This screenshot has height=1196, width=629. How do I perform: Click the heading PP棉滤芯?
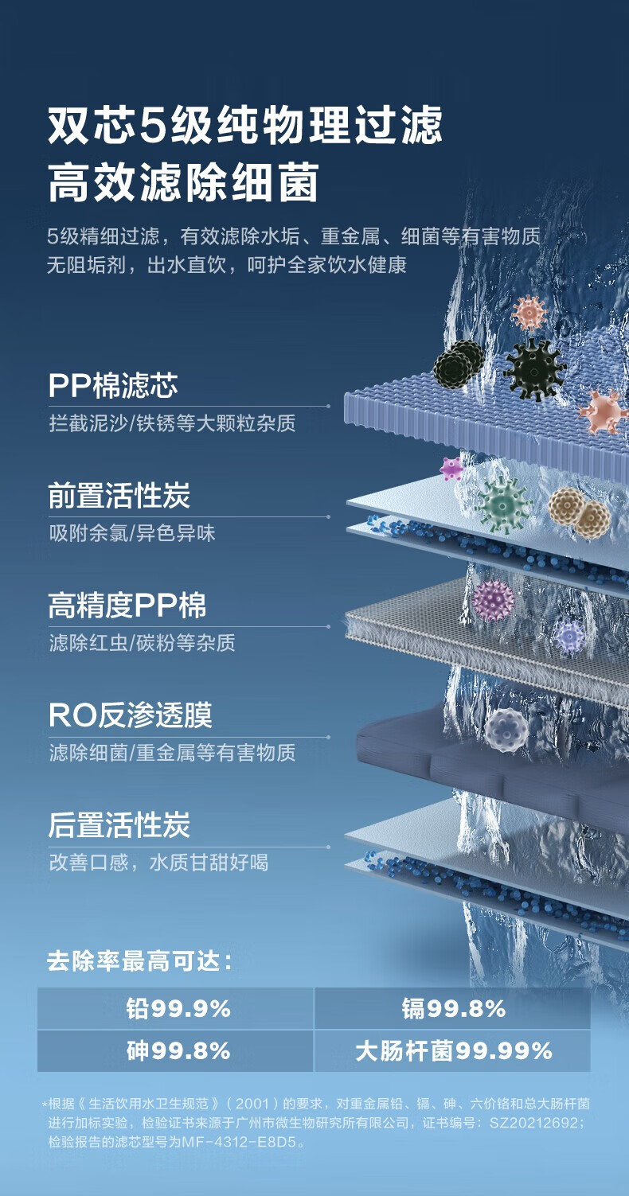(112, 386)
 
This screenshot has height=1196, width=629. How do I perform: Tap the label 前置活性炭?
(119, 497)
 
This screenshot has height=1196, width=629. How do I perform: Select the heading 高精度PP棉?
(127, 606)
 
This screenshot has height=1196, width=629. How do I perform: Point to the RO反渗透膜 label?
(130, 716)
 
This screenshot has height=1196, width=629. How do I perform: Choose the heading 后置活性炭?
(119, 825)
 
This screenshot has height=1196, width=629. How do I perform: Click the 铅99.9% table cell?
(177, 1009)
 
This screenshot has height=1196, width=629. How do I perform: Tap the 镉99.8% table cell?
(453, 1009)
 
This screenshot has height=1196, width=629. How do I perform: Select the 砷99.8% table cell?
(177, 1051)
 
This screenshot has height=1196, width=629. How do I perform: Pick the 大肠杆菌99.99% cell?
(453, 1051)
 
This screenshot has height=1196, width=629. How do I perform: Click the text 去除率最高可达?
(139, 961)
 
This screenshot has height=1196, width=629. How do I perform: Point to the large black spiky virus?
(533, 368)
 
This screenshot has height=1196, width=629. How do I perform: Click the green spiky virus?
(503, 504)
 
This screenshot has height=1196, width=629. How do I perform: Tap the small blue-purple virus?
(570, 637)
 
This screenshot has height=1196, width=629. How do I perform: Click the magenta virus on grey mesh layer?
(494, 600)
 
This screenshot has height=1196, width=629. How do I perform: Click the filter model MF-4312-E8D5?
(246, 1142)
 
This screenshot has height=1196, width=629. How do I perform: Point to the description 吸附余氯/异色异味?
(132, 533)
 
